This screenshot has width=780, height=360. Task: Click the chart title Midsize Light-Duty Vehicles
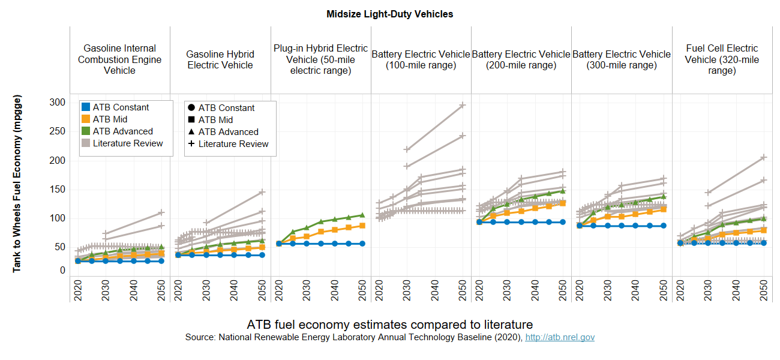389,14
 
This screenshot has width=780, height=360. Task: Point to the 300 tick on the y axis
56,103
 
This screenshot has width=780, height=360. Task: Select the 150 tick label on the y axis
56,190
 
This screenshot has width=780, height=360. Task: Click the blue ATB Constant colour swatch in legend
85,107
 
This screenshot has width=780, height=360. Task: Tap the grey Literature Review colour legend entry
85,143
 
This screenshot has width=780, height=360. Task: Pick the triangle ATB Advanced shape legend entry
190,132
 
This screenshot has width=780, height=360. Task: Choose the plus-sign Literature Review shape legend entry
190,144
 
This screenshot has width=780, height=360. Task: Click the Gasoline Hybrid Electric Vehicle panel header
220,59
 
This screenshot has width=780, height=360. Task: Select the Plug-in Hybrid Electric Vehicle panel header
321,59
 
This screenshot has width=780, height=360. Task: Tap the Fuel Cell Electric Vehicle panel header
722,59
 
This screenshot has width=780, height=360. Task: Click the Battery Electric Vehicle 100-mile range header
421,59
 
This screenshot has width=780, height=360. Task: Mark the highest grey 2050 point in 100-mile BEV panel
463,105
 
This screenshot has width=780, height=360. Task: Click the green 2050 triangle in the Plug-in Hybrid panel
362,215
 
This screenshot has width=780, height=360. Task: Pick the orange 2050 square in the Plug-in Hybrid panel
362,226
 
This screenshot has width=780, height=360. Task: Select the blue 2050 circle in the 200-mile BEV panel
563,222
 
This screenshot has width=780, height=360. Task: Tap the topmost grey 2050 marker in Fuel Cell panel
764,157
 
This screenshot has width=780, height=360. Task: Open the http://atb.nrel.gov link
560,338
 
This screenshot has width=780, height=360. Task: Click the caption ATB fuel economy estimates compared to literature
389,325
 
